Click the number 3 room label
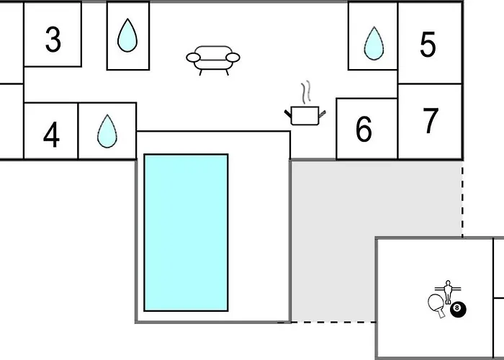(53, 40)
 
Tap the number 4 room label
(51, 135)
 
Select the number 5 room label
(428, 45)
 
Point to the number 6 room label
(364, 129)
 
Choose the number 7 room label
(431, 120)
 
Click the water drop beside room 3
(127, 35)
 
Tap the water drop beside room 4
(107, 131)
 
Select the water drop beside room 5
(374, 43)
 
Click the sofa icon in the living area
(213, 60)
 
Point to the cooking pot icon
(305, 115)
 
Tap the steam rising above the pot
(307, 91)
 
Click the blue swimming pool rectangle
(186, 233)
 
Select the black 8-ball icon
(458, 309)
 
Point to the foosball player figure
(448, 292)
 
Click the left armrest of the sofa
(193, 58)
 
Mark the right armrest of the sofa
(233, 58)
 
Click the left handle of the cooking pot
(288, 114)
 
